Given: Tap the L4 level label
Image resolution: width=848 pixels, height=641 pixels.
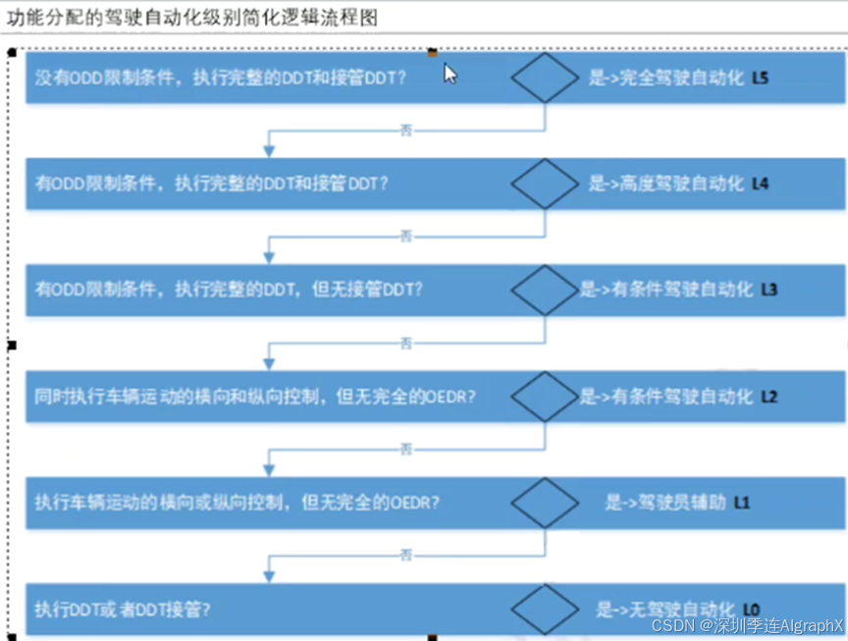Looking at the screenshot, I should tap(761, 183).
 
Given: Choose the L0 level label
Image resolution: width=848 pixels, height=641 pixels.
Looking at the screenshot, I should tap(752, 609).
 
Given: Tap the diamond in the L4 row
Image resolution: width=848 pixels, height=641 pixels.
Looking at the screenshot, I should tap(546, 183).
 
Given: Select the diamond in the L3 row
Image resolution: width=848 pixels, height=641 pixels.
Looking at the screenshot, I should tap(546, 290).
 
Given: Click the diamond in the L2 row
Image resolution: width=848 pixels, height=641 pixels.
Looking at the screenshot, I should tap(546, 397).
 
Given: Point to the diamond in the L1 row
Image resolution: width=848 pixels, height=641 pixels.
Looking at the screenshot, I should tap(546, 503).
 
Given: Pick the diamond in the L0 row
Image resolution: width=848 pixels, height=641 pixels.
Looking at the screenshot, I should tap(546, 609).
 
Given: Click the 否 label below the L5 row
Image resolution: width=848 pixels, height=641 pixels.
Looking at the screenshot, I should tap(406, 130).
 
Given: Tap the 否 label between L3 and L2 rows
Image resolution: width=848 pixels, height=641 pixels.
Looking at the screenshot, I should tap(406, 343).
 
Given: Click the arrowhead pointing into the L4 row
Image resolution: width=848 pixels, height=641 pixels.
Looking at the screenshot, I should tap(269, 150).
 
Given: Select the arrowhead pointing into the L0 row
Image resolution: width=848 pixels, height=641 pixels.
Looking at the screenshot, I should tap(269, 576).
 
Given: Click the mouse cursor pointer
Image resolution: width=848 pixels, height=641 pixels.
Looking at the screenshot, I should tap(450, 74).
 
